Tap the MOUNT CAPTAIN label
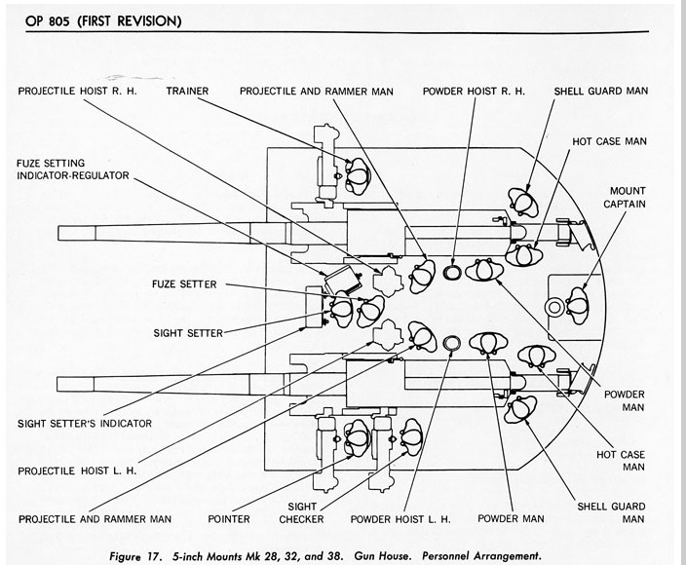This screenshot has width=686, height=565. pos(629,198)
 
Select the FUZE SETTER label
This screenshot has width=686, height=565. pos(183,285)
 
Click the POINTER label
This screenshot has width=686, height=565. pos(230,518)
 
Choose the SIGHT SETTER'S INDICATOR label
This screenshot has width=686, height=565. pos(85,423)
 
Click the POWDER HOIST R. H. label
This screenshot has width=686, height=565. pos(474,91)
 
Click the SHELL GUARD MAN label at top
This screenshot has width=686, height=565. pos(600,91)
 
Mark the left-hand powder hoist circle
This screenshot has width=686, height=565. pos(451,342)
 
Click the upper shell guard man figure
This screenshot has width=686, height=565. pos(525,203)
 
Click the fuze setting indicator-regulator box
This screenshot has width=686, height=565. pos(337,281)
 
